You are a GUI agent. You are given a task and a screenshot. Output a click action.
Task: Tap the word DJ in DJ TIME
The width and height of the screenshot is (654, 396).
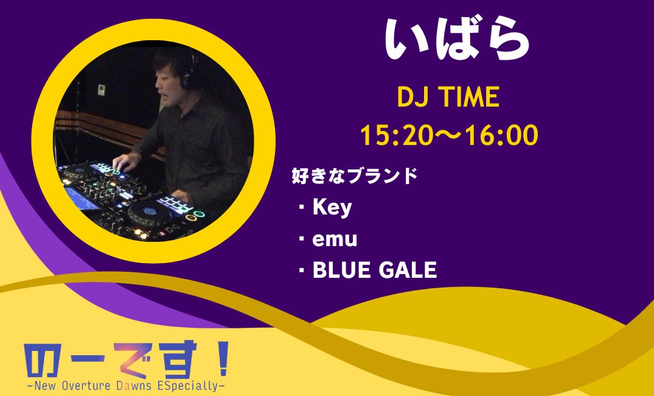411,98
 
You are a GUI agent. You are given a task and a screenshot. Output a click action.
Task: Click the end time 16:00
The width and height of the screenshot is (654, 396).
502,136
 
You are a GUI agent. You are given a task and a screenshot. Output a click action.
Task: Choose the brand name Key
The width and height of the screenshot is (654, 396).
332,208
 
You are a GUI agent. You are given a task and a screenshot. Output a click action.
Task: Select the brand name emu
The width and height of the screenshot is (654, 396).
335,240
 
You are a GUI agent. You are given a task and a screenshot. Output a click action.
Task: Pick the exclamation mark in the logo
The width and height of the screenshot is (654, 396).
222,360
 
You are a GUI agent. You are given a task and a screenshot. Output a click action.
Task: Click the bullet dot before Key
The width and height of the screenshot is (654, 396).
301,208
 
